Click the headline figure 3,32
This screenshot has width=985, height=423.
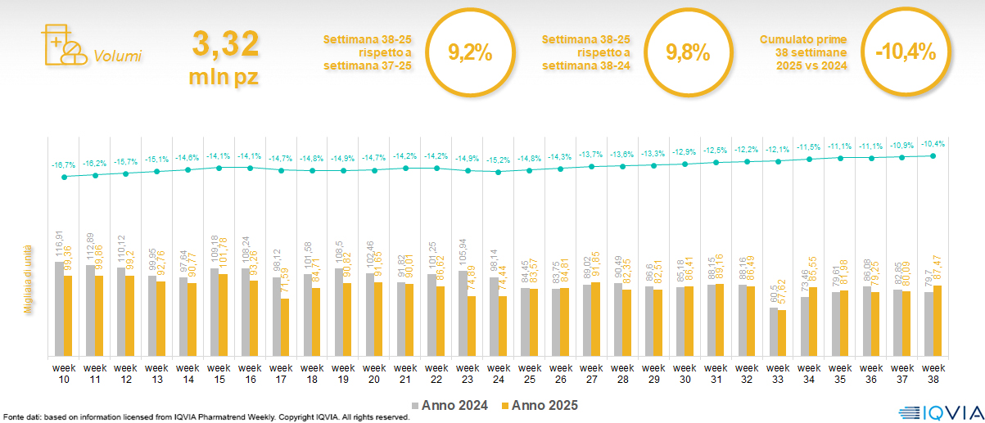click(225, 43)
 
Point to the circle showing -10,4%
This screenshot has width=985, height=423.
click(904, 54)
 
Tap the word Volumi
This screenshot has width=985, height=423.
click(117, 56)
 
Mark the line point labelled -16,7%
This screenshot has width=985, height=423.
click(65, 177)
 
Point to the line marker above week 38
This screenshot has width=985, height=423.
click(933, 155)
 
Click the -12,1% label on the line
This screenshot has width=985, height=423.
click(778, 149)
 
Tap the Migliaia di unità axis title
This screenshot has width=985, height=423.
click(27, 278)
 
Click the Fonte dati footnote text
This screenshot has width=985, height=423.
click(206, 417)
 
